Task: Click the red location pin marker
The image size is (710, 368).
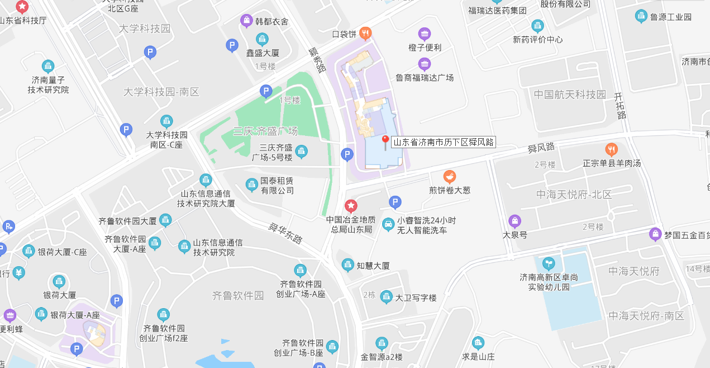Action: (x=385, y=140)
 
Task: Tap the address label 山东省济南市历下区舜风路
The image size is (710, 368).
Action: (x=444, y=142)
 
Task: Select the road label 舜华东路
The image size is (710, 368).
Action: (x=285, y=233)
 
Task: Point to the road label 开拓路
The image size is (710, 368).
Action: (x=619, y=106)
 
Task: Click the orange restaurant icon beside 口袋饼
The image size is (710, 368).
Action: (x=365, y=34)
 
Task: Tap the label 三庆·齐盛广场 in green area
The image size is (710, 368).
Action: (x=265, y=131)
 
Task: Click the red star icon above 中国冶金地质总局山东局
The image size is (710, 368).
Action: (x=351, y=206)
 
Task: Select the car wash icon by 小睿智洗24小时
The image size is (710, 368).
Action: (x=388, y=225)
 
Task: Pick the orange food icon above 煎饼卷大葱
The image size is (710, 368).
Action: (x=449, y=177)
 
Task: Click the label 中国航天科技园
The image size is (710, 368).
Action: (x=570, y=95)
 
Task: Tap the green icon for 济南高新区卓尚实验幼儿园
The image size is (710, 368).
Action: (x=549, y=263)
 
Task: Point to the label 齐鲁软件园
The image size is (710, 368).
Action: (x=238, y=295)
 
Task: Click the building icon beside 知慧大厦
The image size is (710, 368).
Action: (x=348, y=265)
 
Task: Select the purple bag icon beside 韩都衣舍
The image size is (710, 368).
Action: (x=246, y=21)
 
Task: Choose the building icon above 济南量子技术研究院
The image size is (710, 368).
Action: (x=48, y=66)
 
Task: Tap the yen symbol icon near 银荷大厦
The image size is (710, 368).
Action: (x=19, y=273)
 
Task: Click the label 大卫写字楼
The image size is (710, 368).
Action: (x=416, y=298)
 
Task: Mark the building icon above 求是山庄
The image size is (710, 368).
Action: (x=478, y=343)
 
